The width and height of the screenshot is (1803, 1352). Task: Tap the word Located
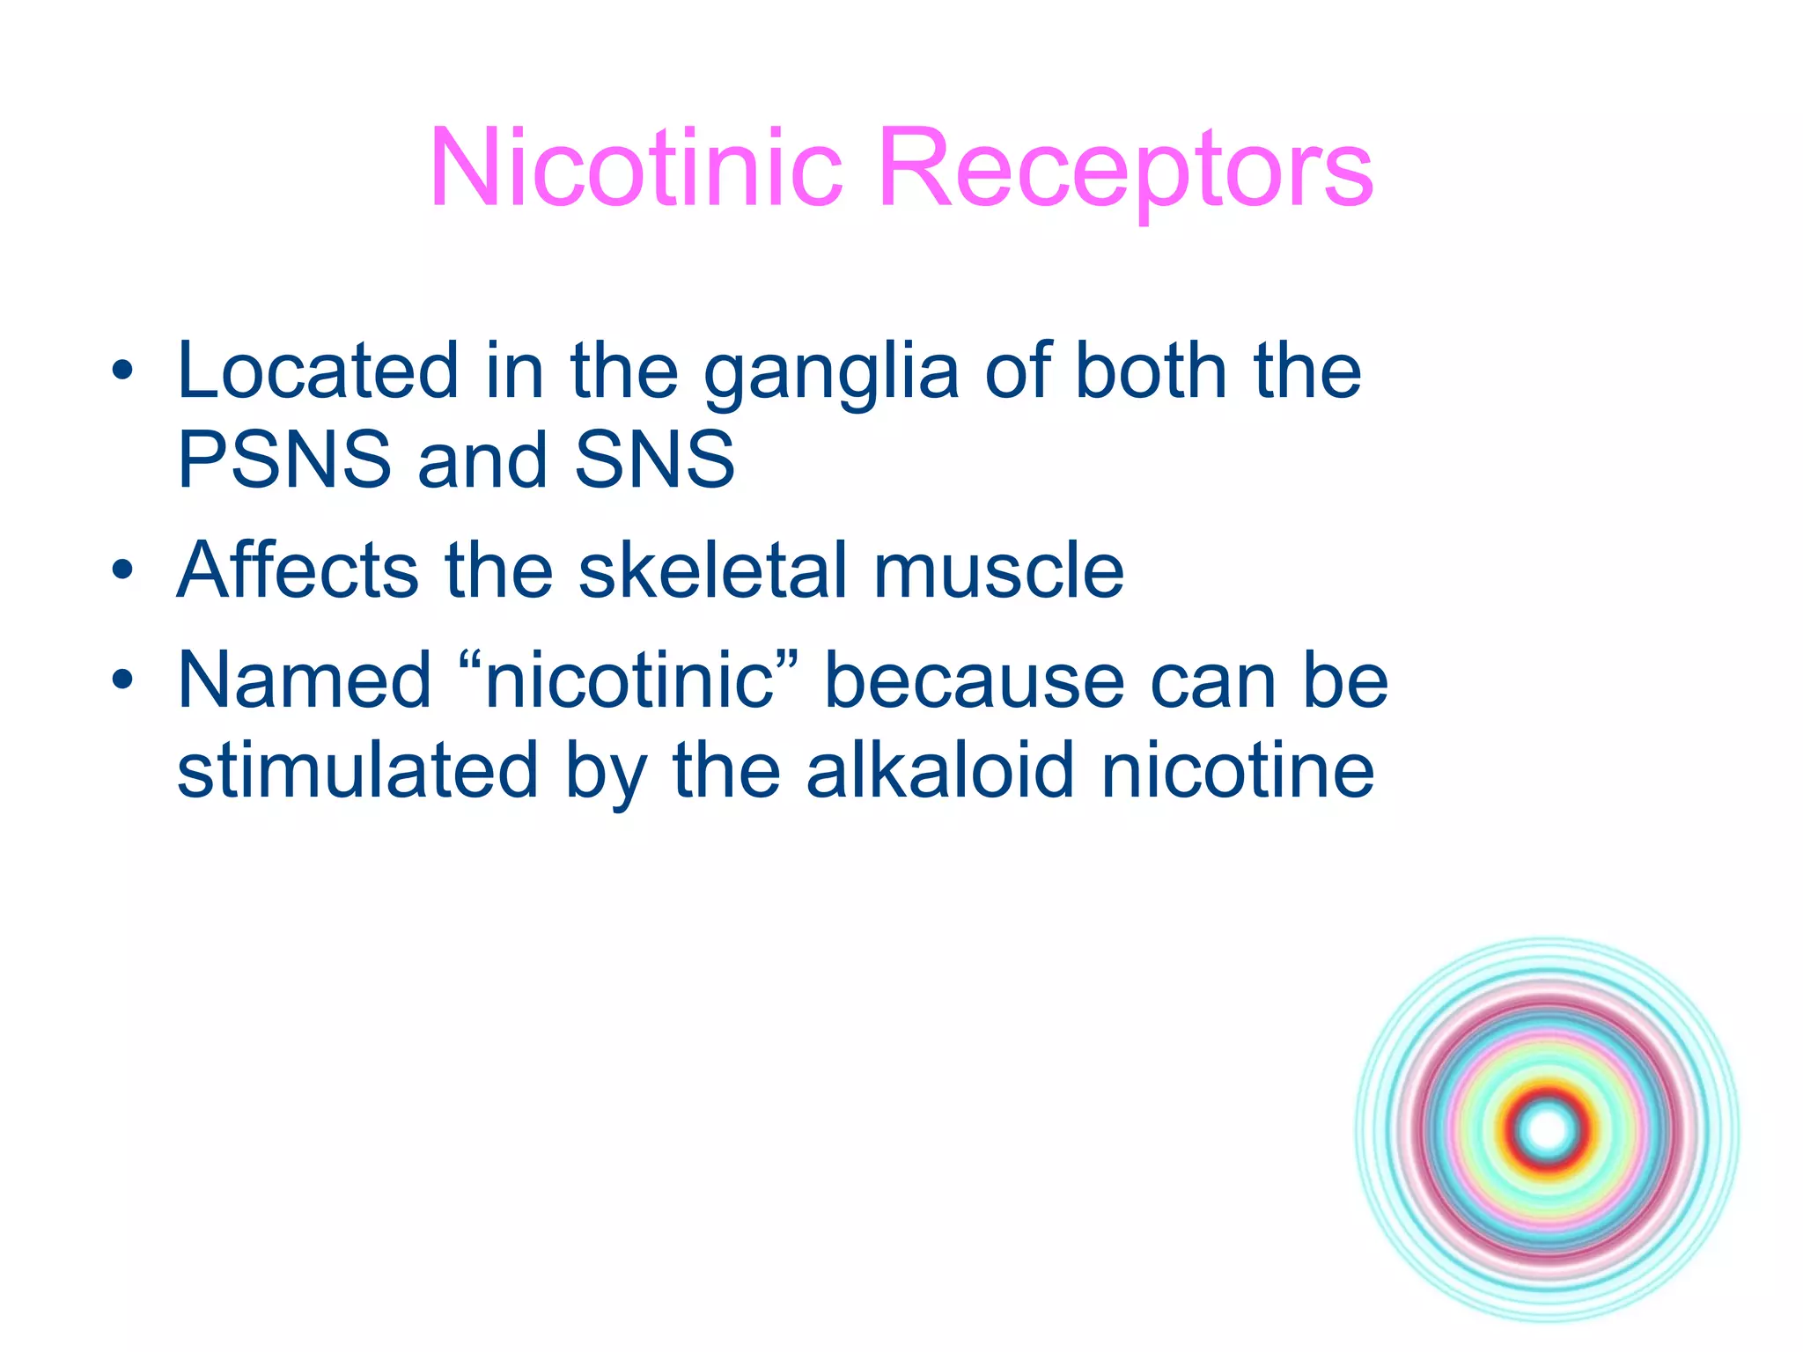pyautogui.click(x=318, y=371)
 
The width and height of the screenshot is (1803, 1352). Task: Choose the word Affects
pyautogui.click(x=298, y=570)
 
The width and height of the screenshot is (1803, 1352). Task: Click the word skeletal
pyautogui.click(x=713, y=570)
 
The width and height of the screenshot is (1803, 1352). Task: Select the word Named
pyautogui.click(x=304, y=680)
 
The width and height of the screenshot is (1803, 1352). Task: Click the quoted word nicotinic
pyautogui.click(x=629, y=680)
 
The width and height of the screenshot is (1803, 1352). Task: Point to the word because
pyautogui.click(x=974, y=680)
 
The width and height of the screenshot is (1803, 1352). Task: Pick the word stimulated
pyautogui.click(x=357, y=771)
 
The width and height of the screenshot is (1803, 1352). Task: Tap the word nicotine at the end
pyautogui.click(x=1238, y=771)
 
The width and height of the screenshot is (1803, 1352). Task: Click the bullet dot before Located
pyautogui.click(x=122, y=371)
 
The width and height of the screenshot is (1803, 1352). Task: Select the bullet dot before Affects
pyautogui.click(x=122, y=571)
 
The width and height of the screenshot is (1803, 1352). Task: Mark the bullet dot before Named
pyautogui.click(x=122, y=681)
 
